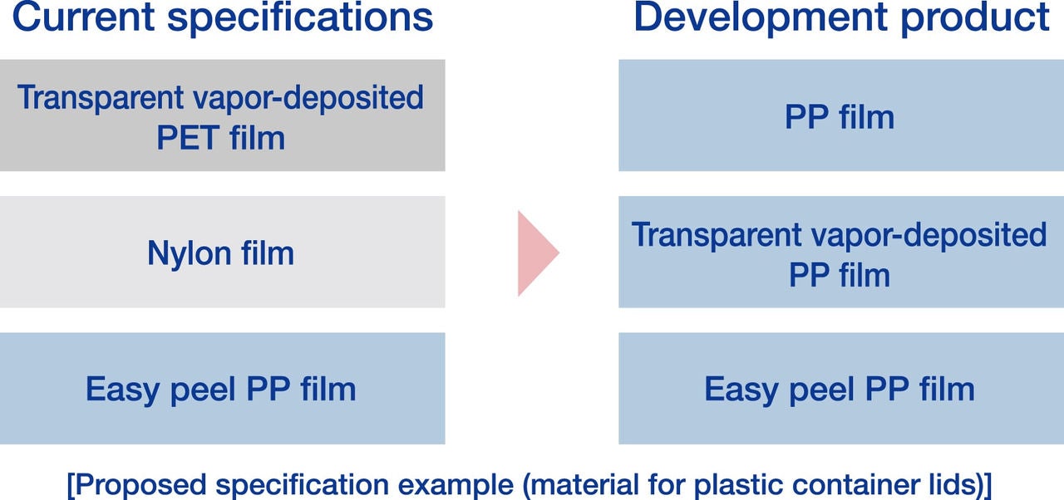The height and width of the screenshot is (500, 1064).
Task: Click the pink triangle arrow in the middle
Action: click(x=534, y=253)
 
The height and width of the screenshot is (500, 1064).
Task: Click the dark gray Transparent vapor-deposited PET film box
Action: click(x=222, y=115)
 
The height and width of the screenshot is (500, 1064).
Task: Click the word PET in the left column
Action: click(x=188, y=137)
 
